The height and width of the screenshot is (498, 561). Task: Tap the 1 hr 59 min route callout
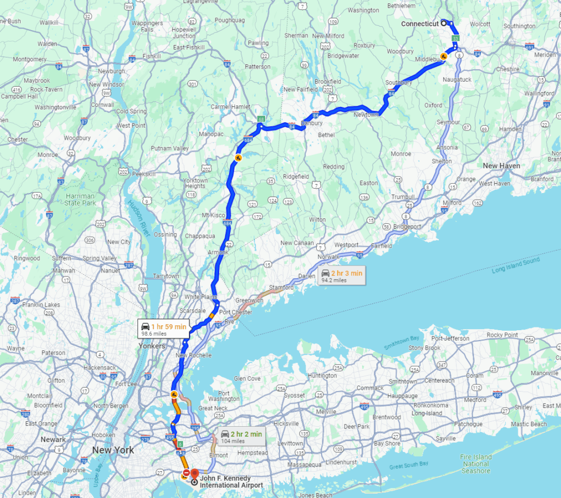coord(164,330)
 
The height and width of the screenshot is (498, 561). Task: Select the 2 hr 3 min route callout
coord(341,276)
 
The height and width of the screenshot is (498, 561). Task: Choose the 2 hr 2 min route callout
coord(241,437)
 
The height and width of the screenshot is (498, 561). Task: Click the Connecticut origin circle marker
coord(443,23)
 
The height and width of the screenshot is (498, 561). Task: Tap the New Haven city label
coord(501,166)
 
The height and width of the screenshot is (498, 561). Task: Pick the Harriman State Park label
coord(81,199)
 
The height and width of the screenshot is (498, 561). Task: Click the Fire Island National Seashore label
coord(476,463)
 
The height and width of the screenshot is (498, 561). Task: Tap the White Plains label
coord(200,297)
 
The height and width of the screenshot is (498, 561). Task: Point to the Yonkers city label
coord(152,346)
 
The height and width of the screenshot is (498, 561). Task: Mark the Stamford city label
coord(282,287)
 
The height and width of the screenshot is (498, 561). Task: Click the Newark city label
coord(54,439)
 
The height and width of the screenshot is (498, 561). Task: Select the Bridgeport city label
coord(407,226)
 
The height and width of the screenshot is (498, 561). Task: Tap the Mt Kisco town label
coord(214,214)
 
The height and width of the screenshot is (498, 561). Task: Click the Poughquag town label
coord(230,20)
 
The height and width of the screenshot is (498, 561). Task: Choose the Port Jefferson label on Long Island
coord(451,338)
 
